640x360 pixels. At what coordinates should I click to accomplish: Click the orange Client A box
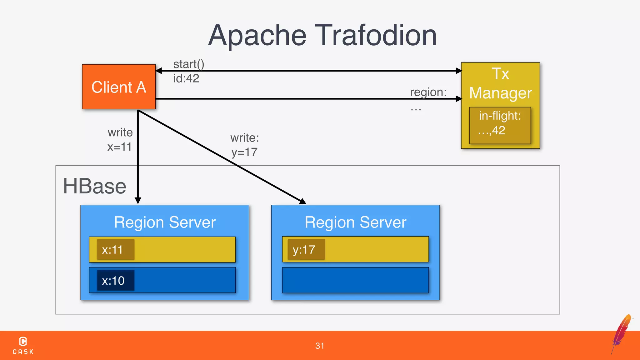tap(119, 87)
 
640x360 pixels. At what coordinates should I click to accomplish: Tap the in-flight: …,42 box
tap(500, 125)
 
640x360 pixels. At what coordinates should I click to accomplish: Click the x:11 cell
tap(115, 250)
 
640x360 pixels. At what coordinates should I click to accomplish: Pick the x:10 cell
tap(115, 281)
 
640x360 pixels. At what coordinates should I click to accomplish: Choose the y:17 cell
tap(306, 250)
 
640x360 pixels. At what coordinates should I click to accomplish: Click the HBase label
tap(95, 186)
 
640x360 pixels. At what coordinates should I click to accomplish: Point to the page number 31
tap(320, 346)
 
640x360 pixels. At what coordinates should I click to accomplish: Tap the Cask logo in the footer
tap(23, 345)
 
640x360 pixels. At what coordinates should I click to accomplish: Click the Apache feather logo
tap(622, 333)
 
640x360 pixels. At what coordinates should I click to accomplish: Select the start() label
tap(189, 64)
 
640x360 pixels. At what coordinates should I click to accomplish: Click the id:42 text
tap(186, 78)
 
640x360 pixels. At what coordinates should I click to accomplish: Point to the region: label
tap(428, 92)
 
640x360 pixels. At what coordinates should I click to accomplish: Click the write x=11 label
tap(120, 139)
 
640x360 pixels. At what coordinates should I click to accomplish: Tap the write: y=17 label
tap(245, 145)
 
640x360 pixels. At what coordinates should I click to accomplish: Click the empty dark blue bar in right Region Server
tap(355, 280)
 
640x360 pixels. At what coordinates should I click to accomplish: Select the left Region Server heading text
tap(165, 222)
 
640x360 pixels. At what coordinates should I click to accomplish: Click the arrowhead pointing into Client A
tap(158, 71)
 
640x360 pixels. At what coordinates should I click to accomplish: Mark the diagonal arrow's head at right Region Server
tap(303, 202)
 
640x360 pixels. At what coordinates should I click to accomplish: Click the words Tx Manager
tap(500, 83)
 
